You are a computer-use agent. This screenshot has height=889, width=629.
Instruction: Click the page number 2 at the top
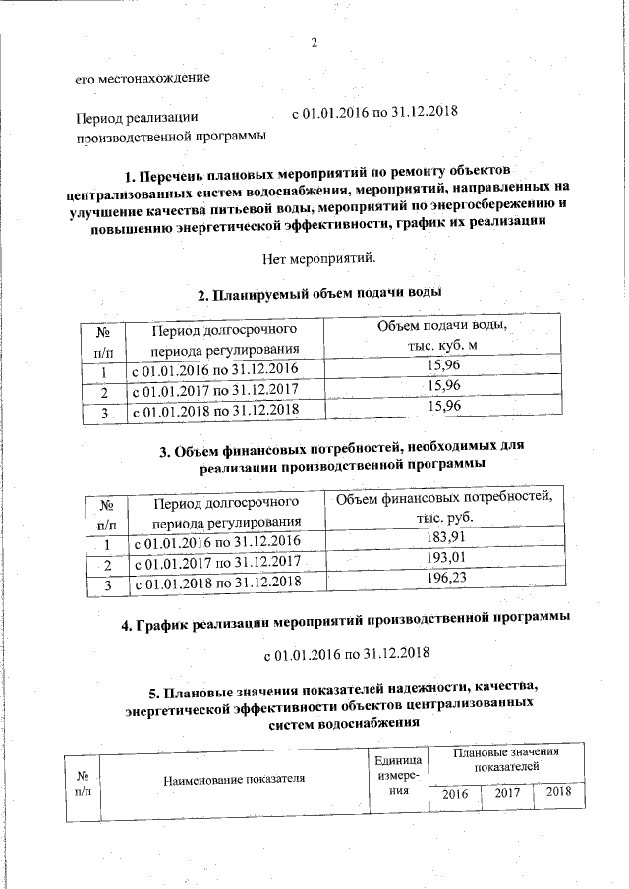point(314,42)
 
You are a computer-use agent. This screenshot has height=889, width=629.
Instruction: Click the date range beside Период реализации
point(375,113)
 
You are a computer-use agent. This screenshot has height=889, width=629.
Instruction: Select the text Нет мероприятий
point(319,259)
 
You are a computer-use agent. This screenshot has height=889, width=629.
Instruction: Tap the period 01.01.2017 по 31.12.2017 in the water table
point(213,390)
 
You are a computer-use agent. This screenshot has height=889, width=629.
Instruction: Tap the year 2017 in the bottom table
point(507,793)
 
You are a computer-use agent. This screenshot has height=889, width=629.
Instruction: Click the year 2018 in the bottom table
point(558,792)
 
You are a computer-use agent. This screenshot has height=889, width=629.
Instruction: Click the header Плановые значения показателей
point(507,757)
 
